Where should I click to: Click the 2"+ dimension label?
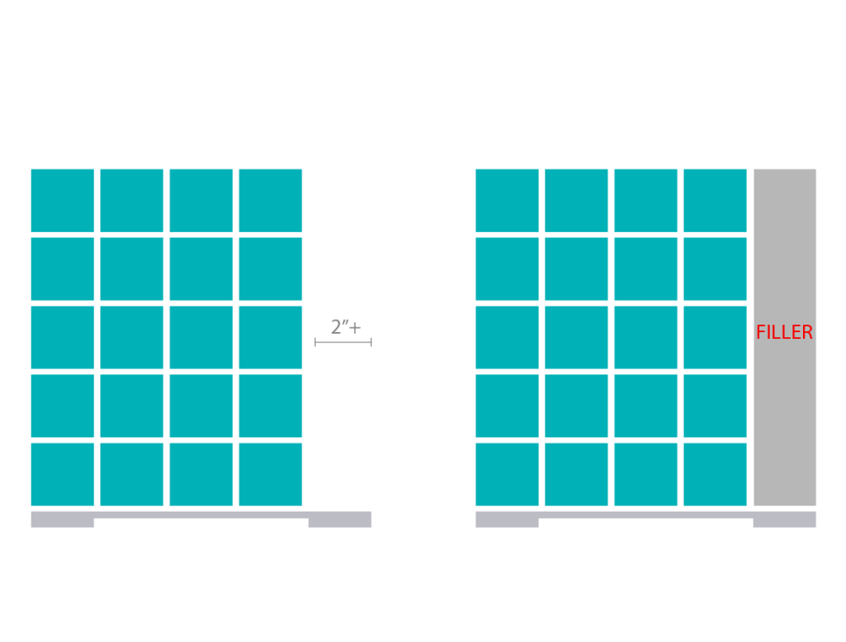(346, 327)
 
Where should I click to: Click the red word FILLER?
(784, 332)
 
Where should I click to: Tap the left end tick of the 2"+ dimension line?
(315, 342)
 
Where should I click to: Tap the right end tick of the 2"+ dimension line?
(371, 342)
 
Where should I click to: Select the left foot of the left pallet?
(63, 523)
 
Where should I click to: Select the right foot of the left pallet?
(340, 523)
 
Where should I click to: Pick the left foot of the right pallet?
(507, 523)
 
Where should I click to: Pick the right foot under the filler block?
(785, 523)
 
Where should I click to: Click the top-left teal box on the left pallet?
(63, 201)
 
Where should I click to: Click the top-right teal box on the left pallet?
(270, 201)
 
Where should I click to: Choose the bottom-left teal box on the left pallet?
(63, 474)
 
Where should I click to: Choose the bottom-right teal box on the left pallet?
(270, 474)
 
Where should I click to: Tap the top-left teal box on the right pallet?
(507, 201)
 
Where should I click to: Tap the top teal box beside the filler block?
(715, 201)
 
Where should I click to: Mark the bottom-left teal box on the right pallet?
(507, 474)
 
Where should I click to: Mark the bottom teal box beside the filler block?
(715, 474)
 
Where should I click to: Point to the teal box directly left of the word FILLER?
(715, 337)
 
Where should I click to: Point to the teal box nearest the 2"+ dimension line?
(270, 337)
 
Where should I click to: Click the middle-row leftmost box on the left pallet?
(63, 337)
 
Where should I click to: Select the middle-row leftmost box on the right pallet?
(507, 337)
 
